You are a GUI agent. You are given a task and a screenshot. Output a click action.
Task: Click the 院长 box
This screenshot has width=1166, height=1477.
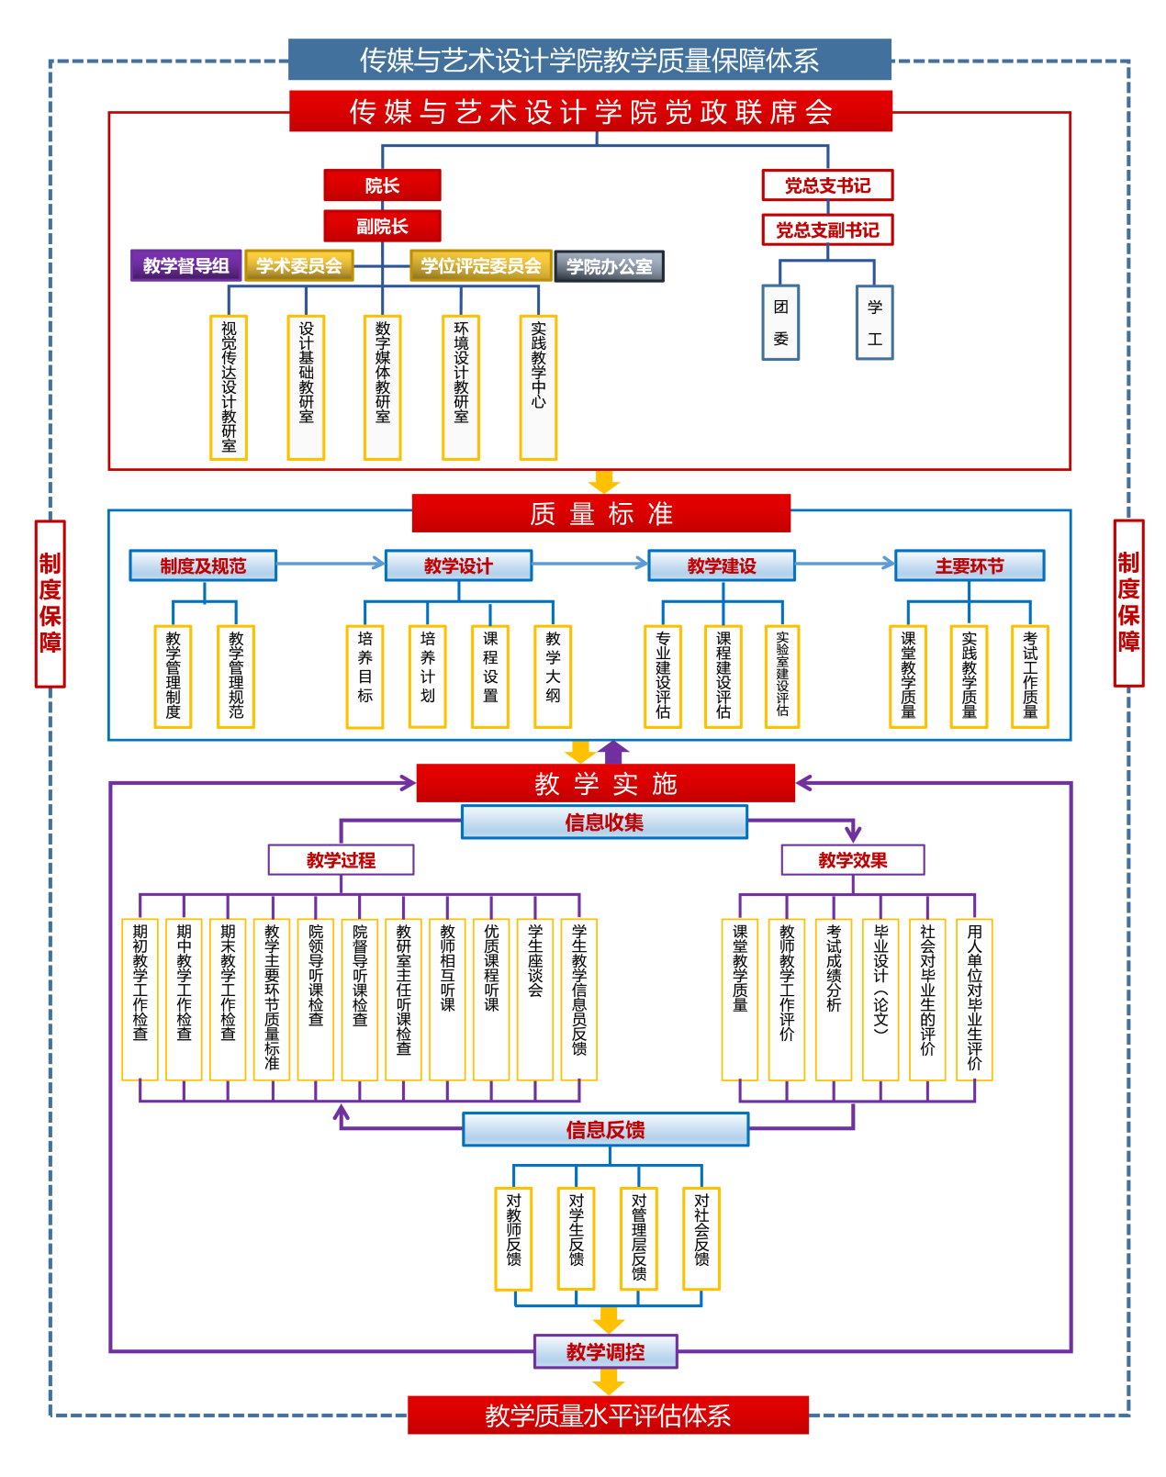(382, 185)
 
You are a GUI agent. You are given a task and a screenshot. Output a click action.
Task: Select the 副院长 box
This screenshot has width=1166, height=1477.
(382, 226)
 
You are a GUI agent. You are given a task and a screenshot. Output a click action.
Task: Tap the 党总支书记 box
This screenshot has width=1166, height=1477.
(827, 185)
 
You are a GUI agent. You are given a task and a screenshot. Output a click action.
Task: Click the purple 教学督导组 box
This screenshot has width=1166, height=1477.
(185, 265)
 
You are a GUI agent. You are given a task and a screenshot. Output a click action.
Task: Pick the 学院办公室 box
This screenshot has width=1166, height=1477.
(609, 266)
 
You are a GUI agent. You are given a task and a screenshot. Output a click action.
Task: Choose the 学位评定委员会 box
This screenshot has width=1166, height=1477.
(480, 265)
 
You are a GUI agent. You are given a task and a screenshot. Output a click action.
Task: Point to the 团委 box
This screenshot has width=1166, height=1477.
(780, 322)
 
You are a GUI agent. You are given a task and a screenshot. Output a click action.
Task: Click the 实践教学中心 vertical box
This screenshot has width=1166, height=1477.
(538, 387)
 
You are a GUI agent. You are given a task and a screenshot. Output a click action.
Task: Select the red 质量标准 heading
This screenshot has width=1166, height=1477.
(601, 514)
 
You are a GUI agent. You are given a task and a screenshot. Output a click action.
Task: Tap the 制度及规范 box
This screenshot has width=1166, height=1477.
(203, 565)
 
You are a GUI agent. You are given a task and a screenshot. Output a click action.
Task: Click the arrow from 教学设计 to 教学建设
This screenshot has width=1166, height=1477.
(589, 564)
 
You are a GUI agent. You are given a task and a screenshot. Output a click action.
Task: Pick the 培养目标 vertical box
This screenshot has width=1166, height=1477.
(364, 677)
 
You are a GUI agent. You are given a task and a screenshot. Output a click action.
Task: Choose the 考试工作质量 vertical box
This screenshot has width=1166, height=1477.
(1029, 677)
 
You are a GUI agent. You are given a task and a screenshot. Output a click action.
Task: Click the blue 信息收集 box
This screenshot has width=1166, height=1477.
(604, 822)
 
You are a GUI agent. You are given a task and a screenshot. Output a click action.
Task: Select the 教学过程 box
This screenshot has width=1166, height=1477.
(341, 860)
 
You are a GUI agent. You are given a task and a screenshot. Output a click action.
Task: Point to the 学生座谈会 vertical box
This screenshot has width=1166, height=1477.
(535, 999)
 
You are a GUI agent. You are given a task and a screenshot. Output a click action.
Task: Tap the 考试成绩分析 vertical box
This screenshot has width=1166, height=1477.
(834, 999)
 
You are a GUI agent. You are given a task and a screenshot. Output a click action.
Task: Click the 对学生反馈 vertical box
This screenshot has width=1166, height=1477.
(576, 1237)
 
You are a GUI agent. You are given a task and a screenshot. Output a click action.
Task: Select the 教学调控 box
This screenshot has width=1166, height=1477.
(606, 1351)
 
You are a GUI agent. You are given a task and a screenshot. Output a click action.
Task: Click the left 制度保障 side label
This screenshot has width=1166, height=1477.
(50, 603)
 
